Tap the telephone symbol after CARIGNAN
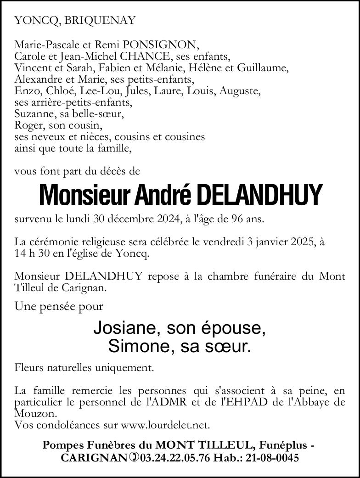coord(134,458)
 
